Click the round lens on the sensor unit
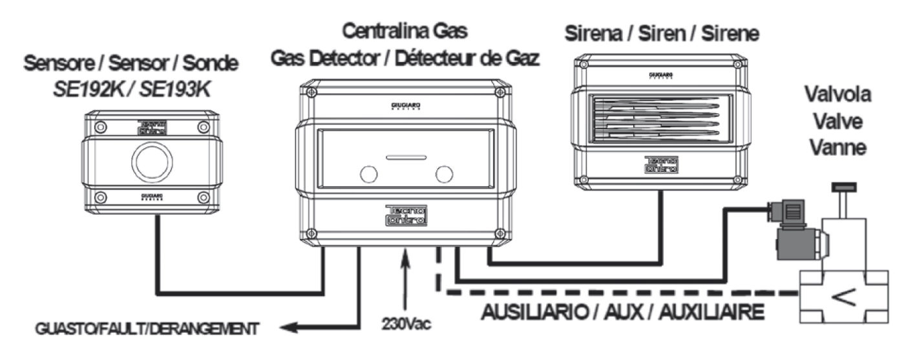[153, 158]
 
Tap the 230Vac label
[405, 322]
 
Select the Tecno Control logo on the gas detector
[405, 215]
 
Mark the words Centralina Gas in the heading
[405, 30]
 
